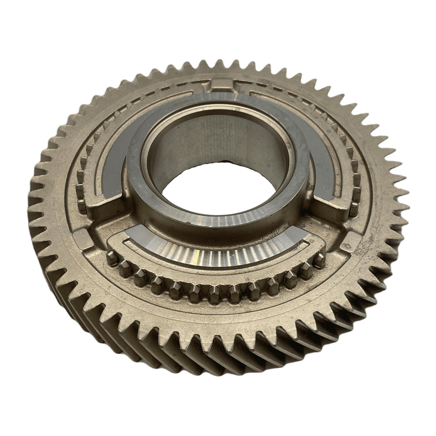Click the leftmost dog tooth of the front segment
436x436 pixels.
(112, 258)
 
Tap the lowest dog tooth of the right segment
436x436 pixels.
(354, 208)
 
